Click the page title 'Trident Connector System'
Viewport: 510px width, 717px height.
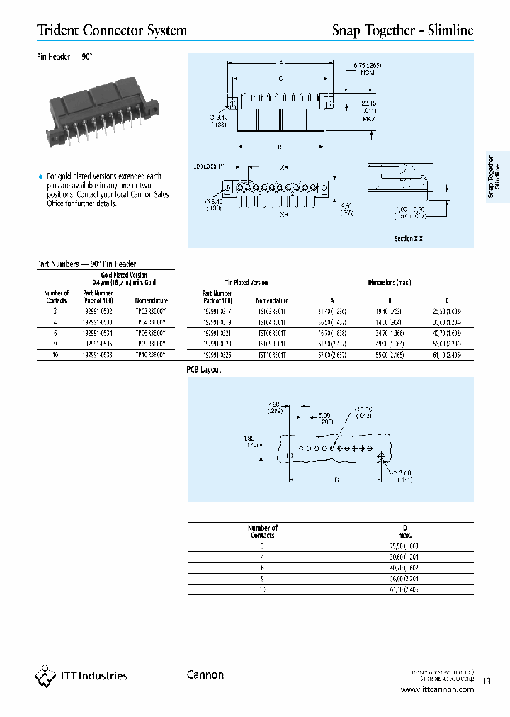coord(112,30)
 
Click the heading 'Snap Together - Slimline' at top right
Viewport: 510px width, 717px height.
coord(402,30)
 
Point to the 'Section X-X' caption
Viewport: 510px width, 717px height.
coord(409,239)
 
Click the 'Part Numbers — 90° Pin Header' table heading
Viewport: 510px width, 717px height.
coord(86,264)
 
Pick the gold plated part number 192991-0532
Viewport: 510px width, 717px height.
coord(98,310)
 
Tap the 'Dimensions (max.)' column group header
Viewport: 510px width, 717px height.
coord(390,282)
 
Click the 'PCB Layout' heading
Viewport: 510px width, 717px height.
coord(204,370)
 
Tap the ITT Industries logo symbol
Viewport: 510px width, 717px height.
coord(45,676)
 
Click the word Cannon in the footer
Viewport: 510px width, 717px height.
coord(205,675)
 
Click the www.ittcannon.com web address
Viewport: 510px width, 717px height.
coord(437,689)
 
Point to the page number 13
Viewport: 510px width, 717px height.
coord(487,682)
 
